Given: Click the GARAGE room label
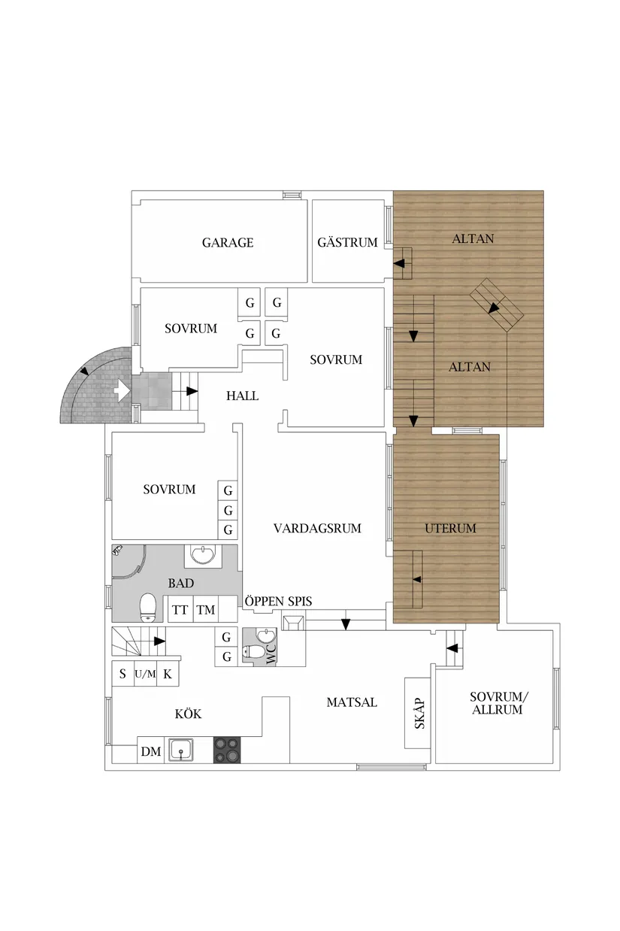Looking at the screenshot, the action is tap(228, 242).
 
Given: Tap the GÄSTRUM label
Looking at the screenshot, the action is tap(348, 242).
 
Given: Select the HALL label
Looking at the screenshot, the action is tap(243, 396).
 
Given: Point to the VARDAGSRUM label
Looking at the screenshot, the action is tap(317, 528).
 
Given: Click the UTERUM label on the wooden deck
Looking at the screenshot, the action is tap(450, 528).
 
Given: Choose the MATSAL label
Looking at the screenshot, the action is tap(352, 702).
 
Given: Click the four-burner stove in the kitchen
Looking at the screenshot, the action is tap(227, 749).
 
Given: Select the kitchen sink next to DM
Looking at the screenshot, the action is tap(181, 749).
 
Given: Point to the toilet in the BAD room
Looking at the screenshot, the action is tap(147, 607).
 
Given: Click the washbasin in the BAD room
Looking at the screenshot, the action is tap(203, 555).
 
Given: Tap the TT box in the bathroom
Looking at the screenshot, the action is tap(180, 609).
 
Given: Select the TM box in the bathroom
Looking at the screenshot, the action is tap(206, 609).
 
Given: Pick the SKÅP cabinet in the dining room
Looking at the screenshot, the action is tap(418, 713).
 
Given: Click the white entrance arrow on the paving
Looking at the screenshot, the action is tap(122, 391).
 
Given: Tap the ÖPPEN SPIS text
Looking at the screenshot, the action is tap(278, 601).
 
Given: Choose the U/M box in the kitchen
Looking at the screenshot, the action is tap(145, 674).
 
